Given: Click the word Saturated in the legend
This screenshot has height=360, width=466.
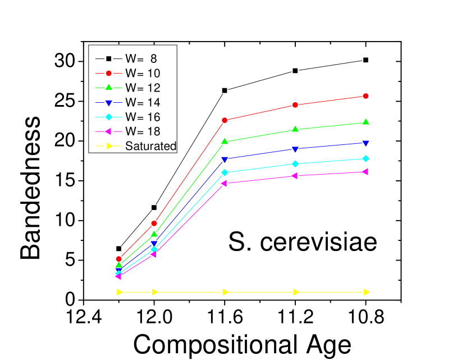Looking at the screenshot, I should pos(150,146).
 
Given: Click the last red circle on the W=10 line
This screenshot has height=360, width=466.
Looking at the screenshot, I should pos(366,96).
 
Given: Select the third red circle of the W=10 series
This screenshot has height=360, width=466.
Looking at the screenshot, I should pos(225,120).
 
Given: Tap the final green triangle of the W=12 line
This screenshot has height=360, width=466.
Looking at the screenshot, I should pos(366,122).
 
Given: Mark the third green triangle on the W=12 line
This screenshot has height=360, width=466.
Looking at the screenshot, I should pos(225,142).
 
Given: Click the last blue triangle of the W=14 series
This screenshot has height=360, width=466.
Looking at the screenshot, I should pos(366,143).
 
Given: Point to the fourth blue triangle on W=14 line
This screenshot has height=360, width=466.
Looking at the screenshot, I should pos(295,149).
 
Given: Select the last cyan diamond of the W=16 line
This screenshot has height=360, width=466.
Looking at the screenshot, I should pos(366,158).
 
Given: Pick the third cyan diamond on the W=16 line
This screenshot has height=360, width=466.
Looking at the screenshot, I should pos(225,172).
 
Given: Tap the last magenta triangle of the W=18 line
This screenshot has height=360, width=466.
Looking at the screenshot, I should pos(366,172).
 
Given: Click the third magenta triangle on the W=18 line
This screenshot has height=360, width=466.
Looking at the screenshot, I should pos(224,184).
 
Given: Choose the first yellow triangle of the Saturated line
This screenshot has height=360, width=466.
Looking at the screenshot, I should pos(120,292).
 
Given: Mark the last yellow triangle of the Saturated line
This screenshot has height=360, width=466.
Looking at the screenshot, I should pos(367,292).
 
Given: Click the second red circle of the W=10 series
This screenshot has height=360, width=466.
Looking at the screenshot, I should pos(154,223).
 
